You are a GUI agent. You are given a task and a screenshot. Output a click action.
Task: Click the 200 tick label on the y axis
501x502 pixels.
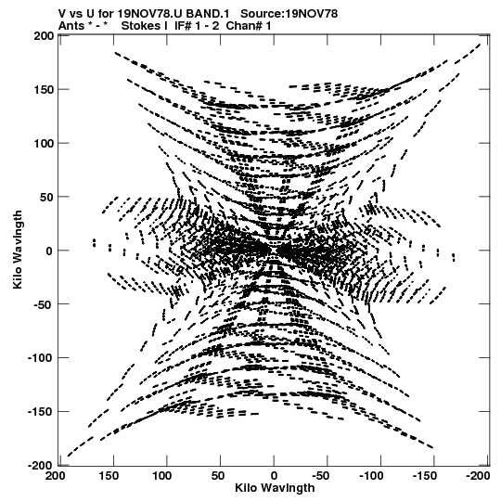pos(44,36)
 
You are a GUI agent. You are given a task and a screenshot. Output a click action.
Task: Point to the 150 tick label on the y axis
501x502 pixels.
pos(44,90)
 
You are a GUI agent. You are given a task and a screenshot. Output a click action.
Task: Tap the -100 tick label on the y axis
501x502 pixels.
pos(40,357)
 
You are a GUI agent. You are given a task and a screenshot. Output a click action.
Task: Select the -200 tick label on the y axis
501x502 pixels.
pos(40,465)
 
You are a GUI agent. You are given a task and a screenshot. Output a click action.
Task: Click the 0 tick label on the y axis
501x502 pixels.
pos(49,251)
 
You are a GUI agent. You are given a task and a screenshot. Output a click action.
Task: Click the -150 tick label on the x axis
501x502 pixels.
pos(424,476)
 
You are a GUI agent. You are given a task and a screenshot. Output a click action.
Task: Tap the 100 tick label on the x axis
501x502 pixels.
pos(161,476)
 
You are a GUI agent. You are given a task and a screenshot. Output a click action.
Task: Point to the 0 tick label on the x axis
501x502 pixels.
pos(274,476)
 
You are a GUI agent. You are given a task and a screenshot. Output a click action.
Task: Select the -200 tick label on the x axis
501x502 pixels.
pos(478,476)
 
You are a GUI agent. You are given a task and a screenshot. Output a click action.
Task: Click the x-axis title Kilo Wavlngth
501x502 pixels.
pos(275,488)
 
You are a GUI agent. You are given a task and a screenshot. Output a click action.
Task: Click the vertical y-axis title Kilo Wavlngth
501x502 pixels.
pos(18,250)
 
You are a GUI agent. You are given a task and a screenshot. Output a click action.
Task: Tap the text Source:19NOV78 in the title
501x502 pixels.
pos(289,14)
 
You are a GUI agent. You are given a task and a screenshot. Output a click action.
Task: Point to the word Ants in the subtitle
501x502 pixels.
pos(71,26)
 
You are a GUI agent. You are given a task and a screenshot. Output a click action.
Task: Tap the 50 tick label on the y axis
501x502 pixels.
pos(46,198)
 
